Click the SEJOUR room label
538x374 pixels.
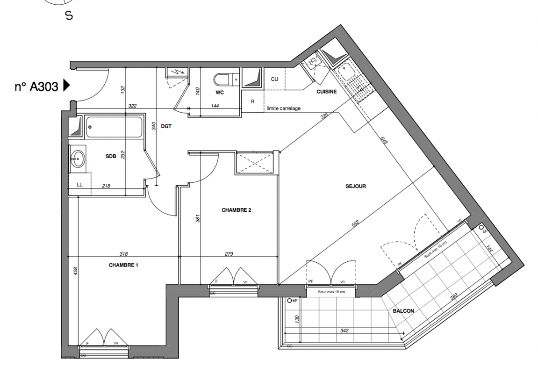pos(355,187)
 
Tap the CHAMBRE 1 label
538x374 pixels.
pos(123,265)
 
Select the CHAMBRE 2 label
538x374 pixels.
pos(237,210)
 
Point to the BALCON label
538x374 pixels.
pos(403,311)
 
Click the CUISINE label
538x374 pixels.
pos(326,92)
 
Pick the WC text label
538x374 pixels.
pos(220,92)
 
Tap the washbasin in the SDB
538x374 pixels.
pos(78,158)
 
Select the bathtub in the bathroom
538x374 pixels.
pos(114,127)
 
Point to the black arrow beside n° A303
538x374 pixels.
pos(66,85)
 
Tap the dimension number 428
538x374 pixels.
pos(76,271)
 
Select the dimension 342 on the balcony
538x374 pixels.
pos(344,331)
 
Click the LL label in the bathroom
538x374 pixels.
pos(79,185)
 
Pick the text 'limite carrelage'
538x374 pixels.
pos(284,108)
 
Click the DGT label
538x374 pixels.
pos(166,126)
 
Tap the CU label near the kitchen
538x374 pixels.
pos(274,79)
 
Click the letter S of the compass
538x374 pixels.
pos(69,16)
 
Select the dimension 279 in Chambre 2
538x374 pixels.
pos(229,254)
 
